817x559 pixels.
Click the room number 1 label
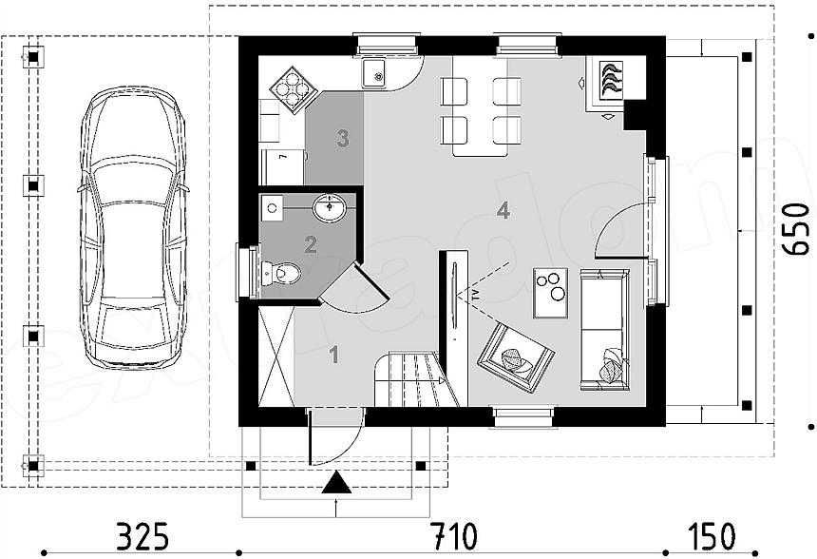[333, 356]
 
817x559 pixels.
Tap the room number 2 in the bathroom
[311, 245]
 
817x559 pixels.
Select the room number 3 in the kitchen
[342, 138]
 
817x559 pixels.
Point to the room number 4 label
[503, 211]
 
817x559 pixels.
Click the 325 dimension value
[142, 536]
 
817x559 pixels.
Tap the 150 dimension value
[713, 536]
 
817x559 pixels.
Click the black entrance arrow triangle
[334, 484]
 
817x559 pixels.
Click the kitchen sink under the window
[373, 73]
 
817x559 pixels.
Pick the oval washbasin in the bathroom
[330, 206]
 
